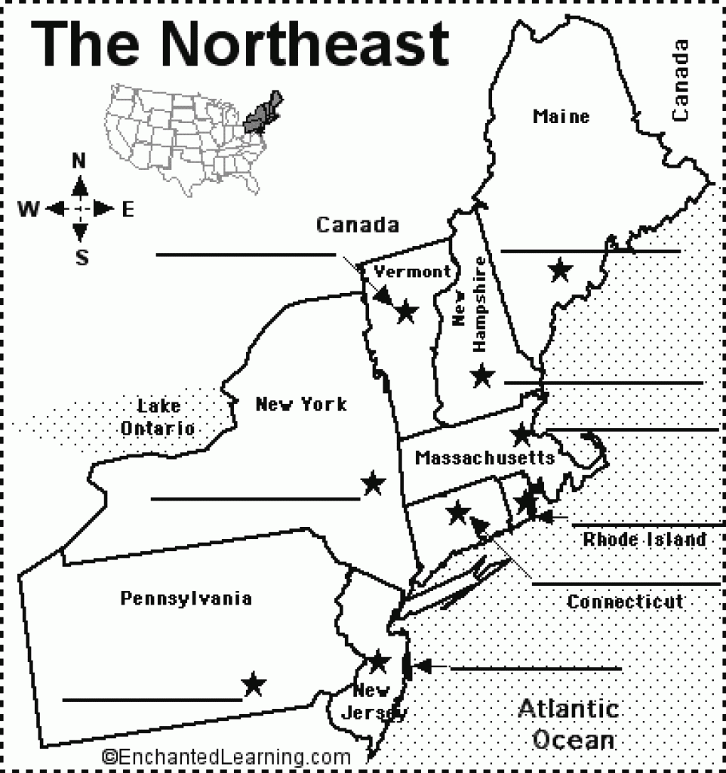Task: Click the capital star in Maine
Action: click(x=559, y=269)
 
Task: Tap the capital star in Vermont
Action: click(x=406, y=310)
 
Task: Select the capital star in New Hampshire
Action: click(x=481, y=374)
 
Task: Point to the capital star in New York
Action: click(x=372, y=482)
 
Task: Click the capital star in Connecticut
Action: click(x=457, y=513)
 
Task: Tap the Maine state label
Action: click(x=561, y=117)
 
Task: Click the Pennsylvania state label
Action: click(x=186, y=599)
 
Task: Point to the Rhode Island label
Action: click(x=644, y=540)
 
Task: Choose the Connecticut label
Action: click(x=626, y=602)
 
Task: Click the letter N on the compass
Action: click(x=78, y=161)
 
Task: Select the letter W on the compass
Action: click(x=29, y=209)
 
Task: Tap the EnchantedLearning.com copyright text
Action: click(x=226, y=756)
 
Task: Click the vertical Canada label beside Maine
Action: click(x=681, y=81)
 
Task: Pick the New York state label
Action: click(x=300, y=405)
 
